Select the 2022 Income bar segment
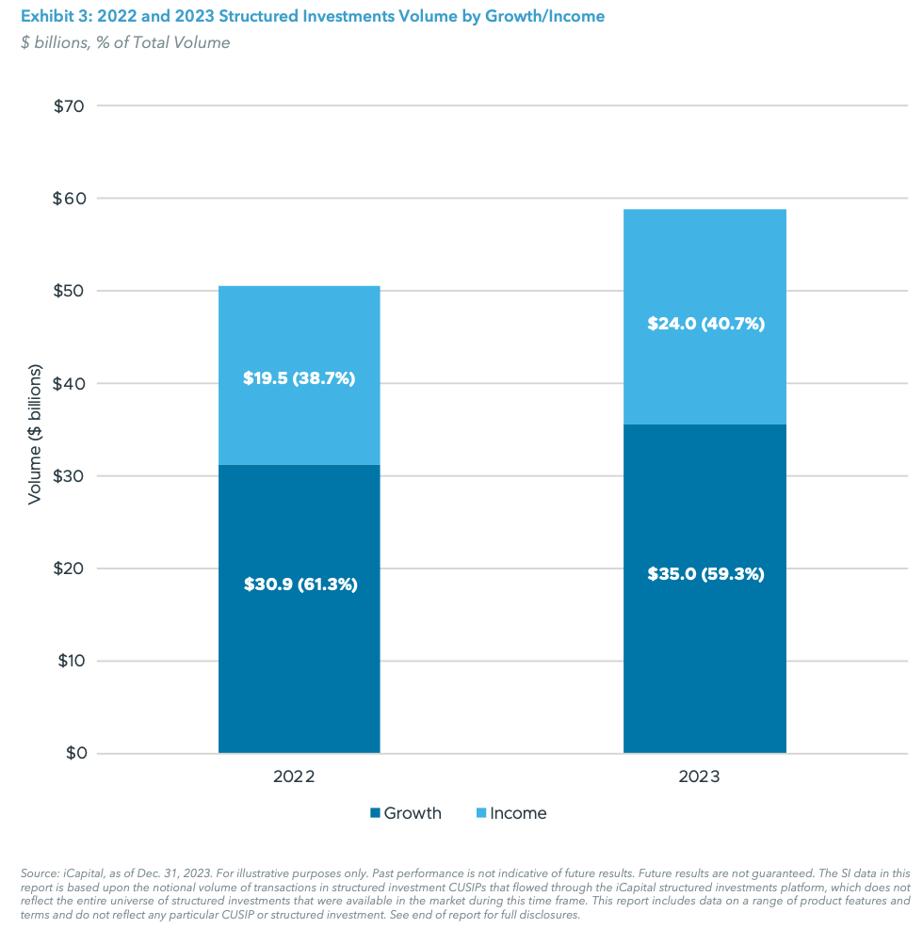point(299,329)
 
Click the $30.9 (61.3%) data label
point(300,584)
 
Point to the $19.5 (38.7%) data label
point(300,379)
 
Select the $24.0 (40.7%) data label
point(705,323)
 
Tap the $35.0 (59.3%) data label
point(705,574)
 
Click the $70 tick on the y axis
point(70,106)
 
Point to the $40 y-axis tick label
point(70,384)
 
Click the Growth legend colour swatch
point(376,813)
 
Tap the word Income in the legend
point(518,813)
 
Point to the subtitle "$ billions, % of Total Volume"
point(125,42)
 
